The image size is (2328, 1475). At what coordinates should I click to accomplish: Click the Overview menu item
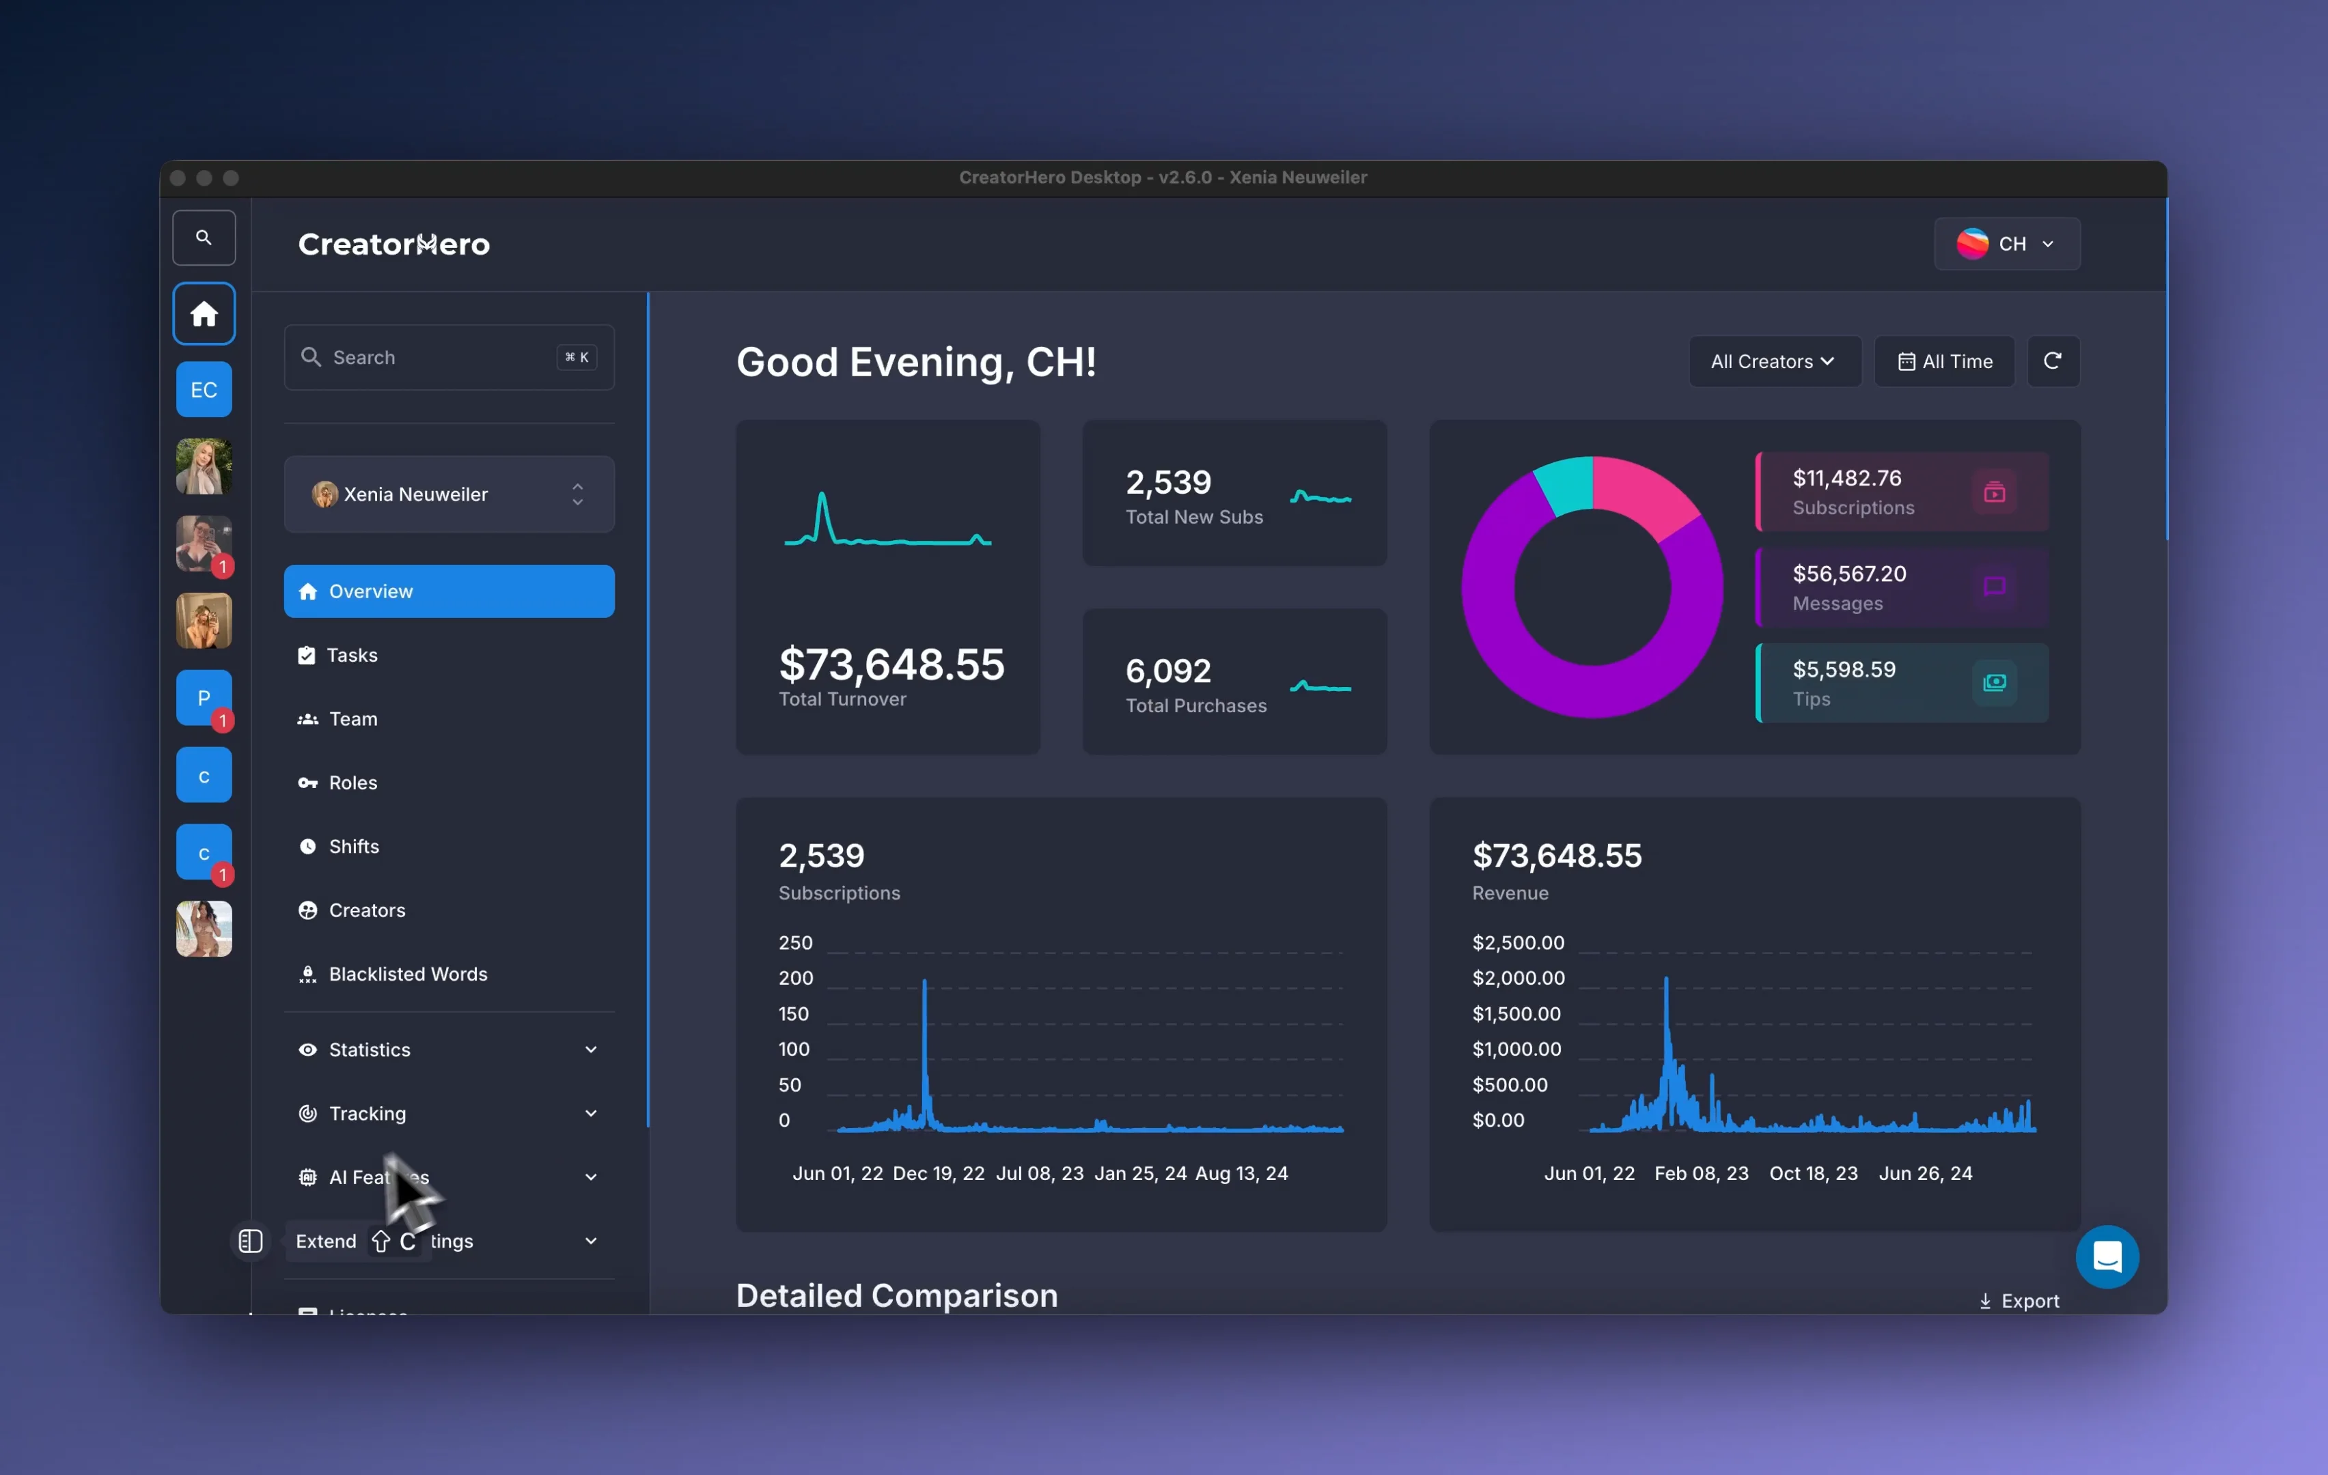[449, 591]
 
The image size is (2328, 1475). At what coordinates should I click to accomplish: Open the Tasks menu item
[351, 656]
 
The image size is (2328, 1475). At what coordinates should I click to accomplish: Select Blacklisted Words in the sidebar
[407, 974]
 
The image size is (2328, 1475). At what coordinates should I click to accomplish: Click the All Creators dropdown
[1773, 361]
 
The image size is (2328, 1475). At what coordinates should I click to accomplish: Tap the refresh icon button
[2053, 361]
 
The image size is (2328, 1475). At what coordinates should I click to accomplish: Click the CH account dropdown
[2006, 244]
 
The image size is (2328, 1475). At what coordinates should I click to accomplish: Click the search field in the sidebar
[449, 358]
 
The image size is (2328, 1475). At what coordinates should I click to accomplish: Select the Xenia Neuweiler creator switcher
[449, 494]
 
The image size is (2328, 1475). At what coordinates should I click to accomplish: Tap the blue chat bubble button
[2107, 1256]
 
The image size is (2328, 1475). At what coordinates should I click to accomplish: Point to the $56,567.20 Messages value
[1848, 574]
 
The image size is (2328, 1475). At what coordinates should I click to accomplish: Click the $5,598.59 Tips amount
[1843, 670]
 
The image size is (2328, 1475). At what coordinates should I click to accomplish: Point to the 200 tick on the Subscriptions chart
[796, 978]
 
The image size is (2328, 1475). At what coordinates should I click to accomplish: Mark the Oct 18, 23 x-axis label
[1813, 1173]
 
